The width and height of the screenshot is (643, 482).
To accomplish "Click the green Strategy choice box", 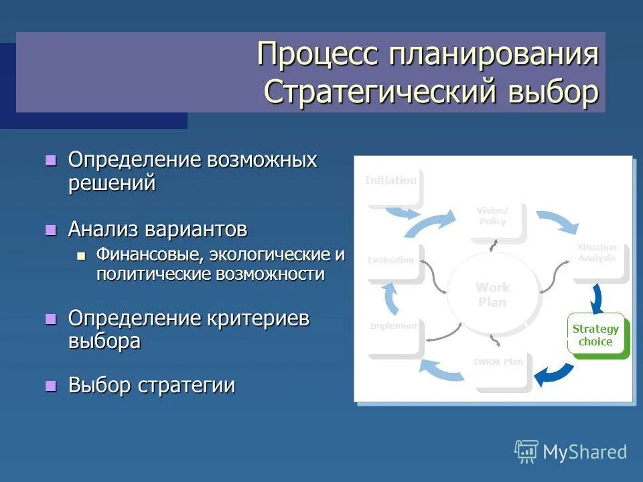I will coord(595,335).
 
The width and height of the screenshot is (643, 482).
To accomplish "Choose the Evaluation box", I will coord(392,261).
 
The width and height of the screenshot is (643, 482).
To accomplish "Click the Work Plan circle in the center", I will coord(492,295).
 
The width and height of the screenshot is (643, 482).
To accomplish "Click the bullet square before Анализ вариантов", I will coord(50,230).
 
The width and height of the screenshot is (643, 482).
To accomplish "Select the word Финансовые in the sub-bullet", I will coord(150,255).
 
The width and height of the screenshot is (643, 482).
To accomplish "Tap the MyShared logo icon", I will coord(526,451).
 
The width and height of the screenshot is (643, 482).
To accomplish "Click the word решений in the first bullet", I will coord(112,182).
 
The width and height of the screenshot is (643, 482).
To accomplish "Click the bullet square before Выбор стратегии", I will coord(50,386).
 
